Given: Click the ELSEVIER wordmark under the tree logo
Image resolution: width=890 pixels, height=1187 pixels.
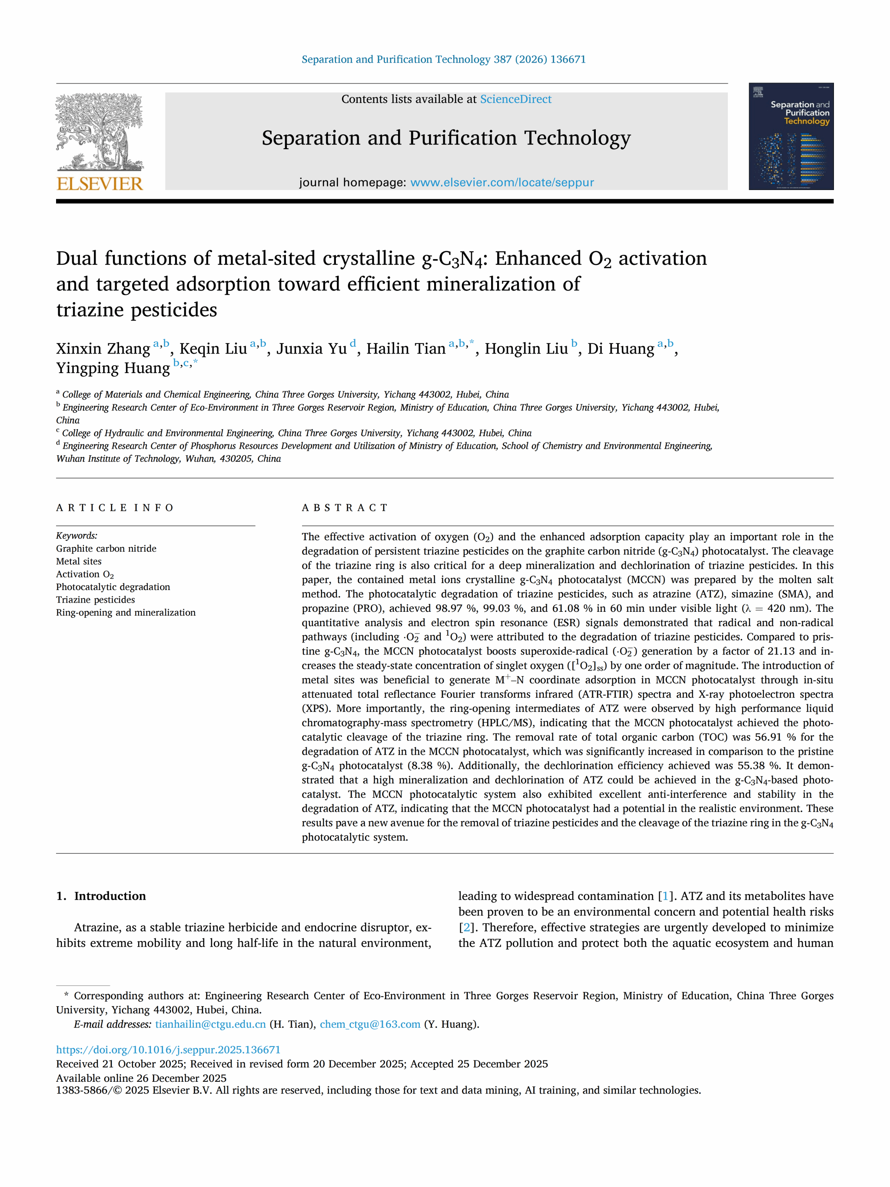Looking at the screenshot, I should coord(100,183).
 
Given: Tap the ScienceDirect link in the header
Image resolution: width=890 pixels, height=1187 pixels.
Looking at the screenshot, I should coord(515,99).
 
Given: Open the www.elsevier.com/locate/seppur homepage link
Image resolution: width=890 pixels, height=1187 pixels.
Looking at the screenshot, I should coord(501,183).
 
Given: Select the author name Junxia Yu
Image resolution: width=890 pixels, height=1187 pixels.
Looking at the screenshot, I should coord(311,349).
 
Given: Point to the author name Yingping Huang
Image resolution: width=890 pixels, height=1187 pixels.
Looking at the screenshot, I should coord(113,368).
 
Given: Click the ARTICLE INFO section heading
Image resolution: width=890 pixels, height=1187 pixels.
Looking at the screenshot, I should coord(115,508).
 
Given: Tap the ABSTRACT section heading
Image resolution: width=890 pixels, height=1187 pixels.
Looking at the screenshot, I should coord(345,508).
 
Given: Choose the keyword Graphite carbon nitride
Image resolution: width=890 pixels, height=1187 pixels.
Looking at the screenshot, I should coord(106,548).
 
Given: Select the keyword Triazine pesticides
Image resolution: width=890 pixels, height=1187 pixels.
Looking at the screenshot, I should coord(96,600).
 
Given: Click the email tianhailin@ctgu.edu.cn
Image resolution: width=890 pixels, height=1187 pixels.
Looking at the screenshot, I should coord(210,1024).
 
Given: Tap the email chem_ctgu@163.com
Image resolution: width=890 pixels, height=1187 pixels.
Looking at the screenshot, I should coord(370,1024).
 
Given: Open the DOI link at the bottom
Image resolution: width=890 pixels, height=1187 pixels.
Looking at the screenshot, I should coord(168,1050).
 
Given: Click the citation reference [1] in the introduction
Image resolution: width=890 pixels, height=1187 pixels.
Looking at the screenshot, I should coord(665,896).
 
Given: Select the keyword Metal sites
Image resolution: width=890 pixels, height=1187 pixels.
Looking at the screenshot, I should coord(79,561).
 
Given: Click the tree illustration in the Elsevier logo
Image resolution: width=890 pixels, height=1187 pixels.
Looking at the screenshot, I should coord(100,131).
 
